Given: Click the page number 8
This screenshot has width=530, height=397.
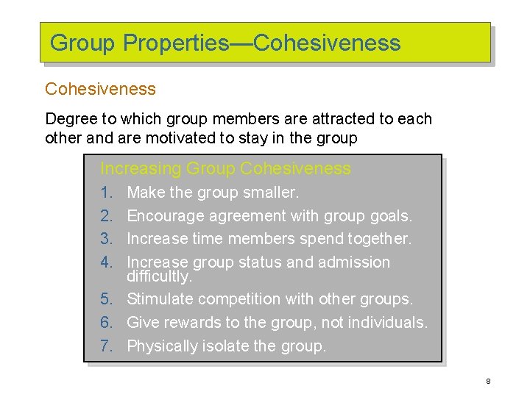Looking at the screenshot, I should tap(488, 381).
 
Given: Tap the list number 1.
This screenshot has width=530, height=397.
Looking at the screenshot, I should tap(106, 193).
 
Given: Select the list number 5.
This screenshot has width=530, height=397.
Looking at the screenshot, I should tap(106, 299).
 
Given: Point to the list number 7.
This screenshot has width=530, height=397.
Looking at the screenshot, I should tap(106, 346).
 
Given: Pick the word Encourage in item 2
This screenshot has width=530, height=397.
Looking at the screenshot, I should tap(166, 216).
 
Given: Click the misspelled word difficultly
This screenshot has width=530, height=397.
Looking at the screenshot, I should tap(159, 277).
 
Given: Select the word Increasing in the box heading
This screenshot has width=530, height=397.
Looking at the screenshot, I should tap(140, 168).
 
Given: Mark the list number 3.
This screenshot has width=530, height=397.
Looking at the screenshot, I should tap(106, 239).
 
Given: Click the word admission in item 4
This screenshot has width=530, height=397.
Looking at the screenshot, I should tap(354, 262).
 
